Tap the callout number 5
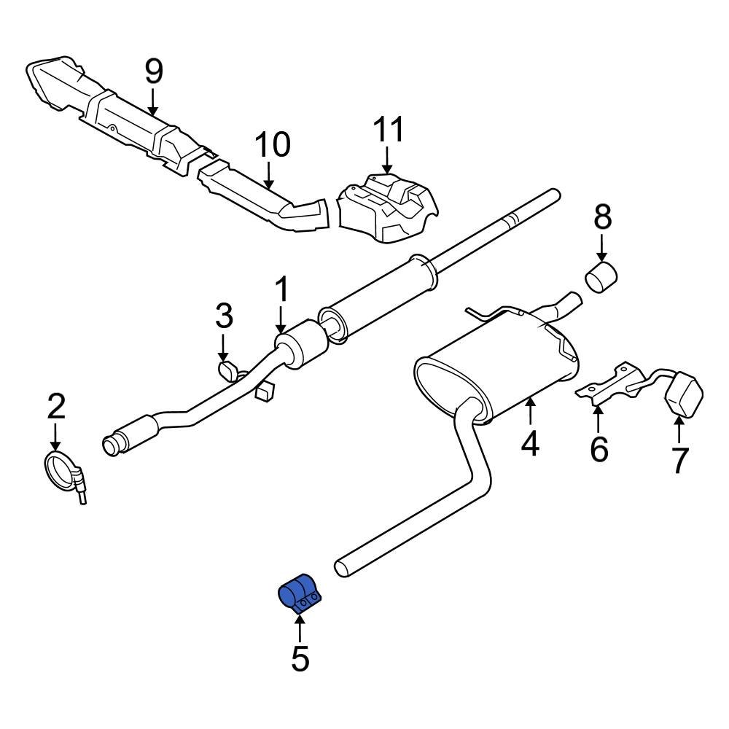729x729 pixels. pyautogui.click(x=300, y=659)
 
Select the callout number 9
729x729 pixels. pyautogui.click(x=154, y=71)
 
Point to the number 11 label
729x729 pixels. pyautogui.click(x=388, y=130)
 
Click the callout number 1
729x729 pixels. pyautogui.click(x=281, y=292)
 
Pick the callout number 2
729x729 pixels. pyautogui.click(x=56, y=407)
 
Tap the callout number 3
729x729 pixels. pyautogui.click(x=224, y=316)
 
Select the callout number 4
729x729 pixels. pyautogui.click(x=530, y=443)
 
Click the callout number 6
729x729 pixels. pyautogui.click(x=599, y=450)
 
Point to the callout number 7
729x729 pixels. pyautogui.click(x=679, y=460)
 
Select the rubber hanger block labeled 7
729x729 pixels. pyautogui.click(x=684, y=394)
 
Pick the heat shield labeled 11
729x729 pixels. pyautogui.click(x=386, y=205)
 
